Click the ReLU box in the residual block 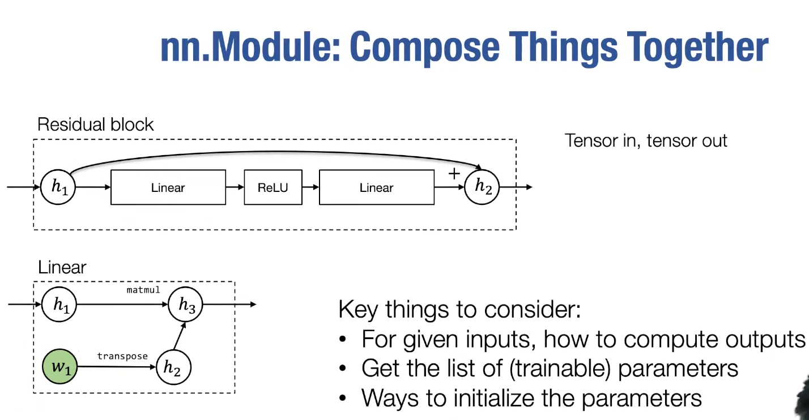point(272,187)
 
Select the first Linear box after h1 point(168,187)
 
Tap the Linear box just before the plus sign point(376,187)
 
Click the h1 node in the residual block point(58,187)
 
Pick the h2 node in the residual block point(482,187)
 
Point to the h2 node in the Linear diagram point(172,368)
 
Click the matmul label point(143,290)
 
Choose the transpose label point(122,356)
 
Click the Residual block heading point(95,125)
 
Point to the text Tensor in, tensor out point(646,140)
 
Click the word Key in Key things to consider point(358,310)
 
